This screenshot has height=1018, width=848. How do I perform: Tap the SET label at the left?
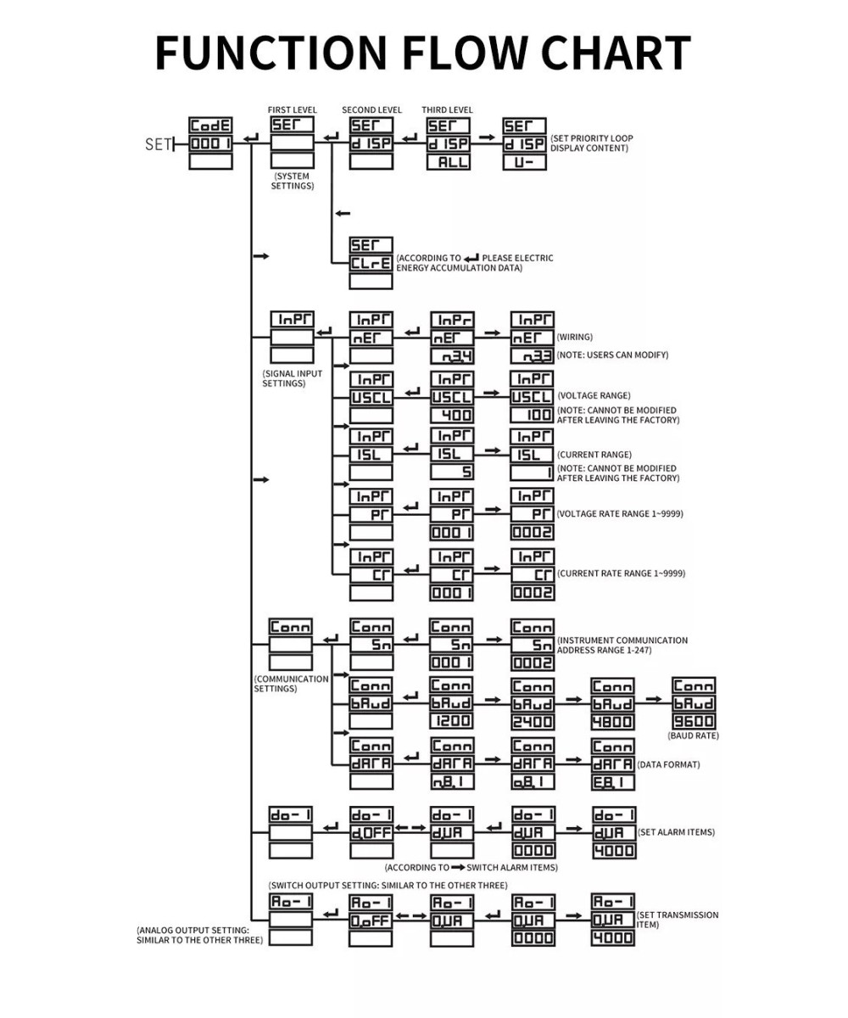coord(158,144)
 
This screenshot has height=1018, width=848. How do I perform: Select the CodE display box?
coord(210,126)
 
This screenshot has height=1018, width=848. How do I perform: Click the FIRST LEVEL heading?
coord(293,110)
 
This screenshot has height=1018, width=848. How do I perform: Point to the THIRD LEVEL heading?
coord(447,110)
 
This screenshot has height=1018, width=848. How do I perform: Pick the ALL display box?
coord(448,162)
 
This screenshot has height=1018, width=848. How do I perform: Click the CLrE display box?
coord(371,263)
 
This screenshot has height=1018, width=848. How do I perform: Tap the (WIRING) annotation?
coord(575,337)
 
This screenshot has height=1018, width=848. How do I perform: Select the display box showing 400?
coord(452,416)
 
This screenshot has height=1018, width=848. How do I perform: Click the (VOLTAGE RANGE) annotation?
coord(594,396)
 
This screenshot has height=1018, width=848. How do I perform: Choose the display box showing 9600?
coord(694,721)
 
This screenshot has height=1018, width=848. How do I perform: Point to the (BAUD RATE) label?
coord(693,736)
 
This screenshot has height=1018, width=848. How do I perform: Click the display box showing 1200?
coord(452,721)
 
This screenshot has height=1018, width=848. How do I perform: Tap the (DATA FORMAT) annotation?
coord(669,764)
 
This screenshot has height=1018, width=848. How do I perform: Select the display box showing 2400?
coord(533,721)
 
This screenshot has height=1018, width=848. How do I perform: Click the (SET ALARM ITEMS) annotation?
coord(676,832)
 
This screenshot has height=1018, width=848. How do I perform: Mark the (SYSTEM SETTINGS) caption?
coord(293,181)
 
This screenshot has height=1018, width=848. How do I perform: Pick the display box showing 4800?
coord(612,721)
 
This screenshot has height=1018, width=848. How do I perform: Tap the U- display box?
coord(524,162)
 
